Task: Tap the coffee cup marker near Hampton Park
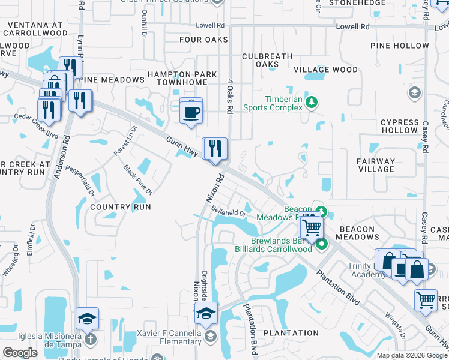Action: [x=191, y=112]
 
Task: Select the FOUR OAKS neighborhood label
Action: [x=204, y=40]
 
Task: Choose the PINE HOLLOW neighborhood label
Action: [x=400, y=46]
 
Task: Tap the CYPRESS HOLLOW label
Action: [x=399, y=126]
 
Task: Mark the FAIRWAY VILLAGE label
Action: [x=376, y=165]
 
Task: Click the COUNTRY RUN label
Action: [x=119, y=207]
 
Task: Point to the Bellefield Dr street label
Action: [x=229, y=211]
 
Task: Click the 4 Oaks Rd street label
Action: [x=229, y=97]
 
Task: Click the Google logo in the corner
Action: [x=20, y=353]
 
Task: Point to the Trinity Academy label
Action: [x=366, y=270]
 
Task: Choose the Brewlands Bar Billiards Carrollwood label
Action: [x=282, y=245]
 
